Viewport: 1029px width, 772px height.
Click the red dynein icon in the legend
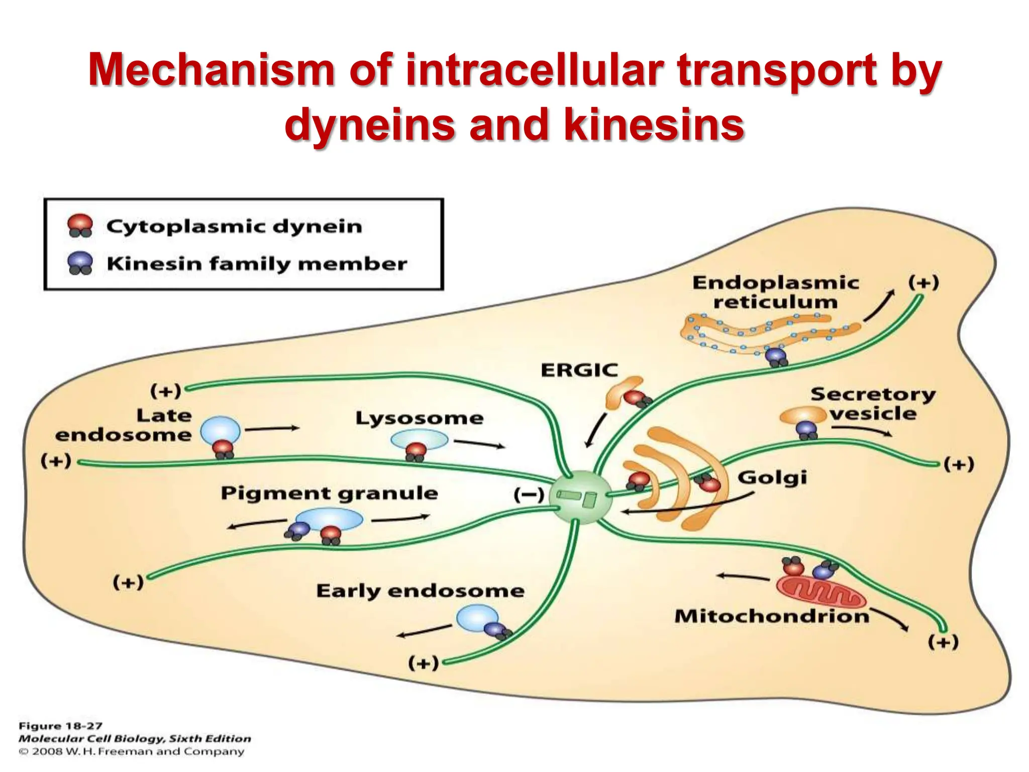pos(80,225)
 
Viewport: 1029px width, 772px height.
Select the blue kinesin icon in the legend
pos(80,263)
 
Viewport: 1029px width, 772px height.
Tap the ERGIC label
pos(579,370)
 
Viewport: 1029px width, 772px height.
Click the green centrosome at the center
pos(580,497)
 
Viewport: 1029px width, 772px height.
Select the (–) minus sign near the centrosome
pos(529,495)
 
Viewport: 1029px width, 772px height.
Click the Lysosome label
pos(419,418)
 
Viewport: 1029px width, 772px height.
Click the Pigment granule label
pos(329,493)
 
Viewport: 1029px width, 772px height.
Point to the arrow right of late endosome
pos(272,428)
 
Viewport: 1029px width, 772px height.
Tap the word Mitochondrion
pos(772,616)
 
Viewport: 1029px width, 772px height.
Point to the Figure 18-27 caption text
pos(60,726)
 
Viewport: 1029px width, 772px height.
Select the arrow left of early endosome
pos(424,631)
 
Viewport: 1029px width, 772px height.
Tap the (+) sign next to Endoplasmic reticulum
pos(923,282)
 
